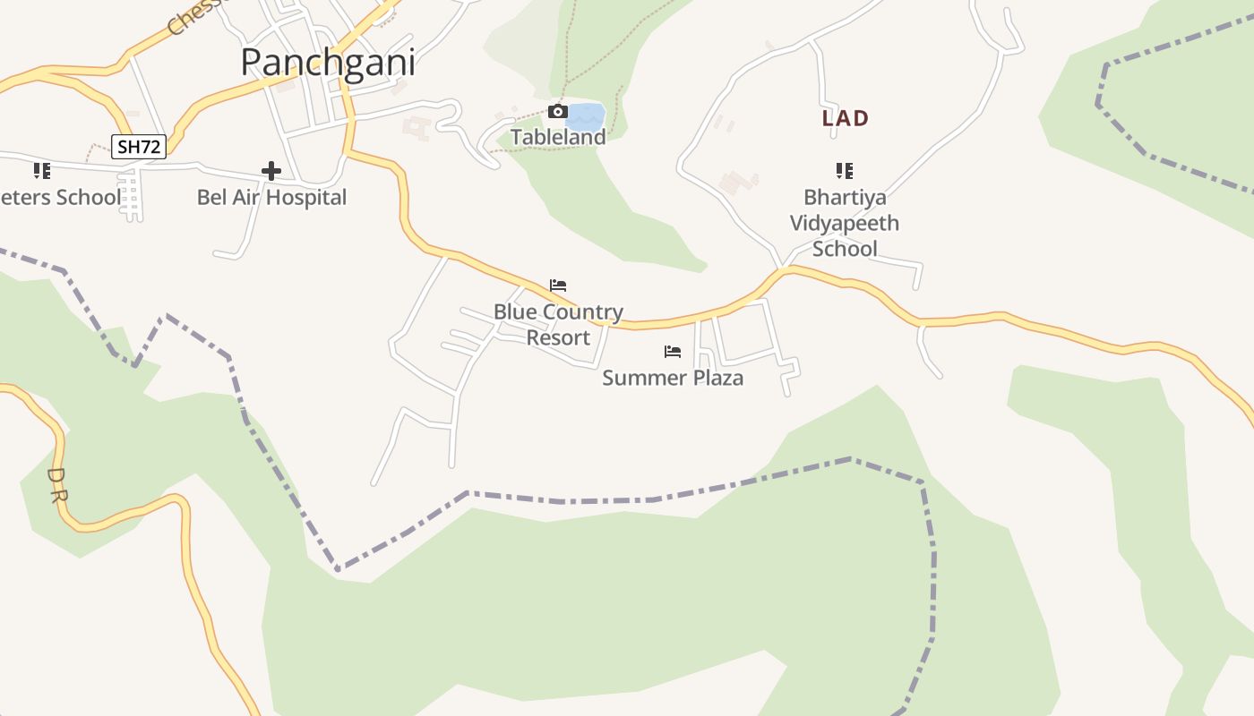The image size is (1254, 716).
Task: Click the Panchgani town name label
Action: [x=328, y=63]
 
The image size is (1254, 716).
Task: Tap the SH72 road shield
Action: [x=140, y=147]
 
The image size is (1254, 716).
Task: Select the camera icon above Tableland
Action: [x=557, y=112]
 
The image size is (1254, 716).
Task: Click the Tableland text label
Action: [x=558, y=137]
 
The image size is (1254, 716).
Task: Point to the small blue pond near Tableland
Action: [x=586, y=117]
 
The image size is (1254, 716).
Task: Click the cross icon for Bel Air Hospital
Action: [x=271, y=171]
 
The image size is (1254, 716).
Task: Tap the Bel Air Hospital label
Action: [x=271, y=197]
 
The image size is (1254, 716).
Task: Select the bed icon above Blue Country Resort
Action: [x=558, y=286]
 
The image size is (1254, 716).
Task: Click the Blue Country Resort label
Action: [x=558, y=325]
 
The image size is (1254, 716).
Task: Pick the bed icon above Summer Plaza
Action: [x=673, y=352]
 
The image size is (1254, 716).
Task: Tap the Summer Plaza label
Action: [x=673, y=378]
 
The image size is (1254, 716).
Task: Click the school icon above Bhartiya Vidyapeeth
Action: [x=844, y=170]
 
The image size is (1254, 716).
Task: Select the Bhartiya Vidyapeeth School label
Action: [x=844, y=223]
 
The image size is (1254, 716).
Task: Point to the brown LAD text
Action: [x=846, y=118]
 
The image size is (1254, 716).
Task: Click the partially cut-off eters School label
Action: [x=60, y=197]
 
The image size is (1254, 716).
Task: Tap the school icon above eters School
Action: [x=41, y=170]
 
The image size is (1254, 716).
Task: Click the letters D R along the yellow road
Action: [x=56, y=484]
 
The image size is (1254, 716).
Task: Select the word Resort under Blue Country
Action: [x=558, y=337]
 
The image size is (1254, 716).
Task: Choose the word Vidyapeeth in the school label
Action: [x=844, y=223]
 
